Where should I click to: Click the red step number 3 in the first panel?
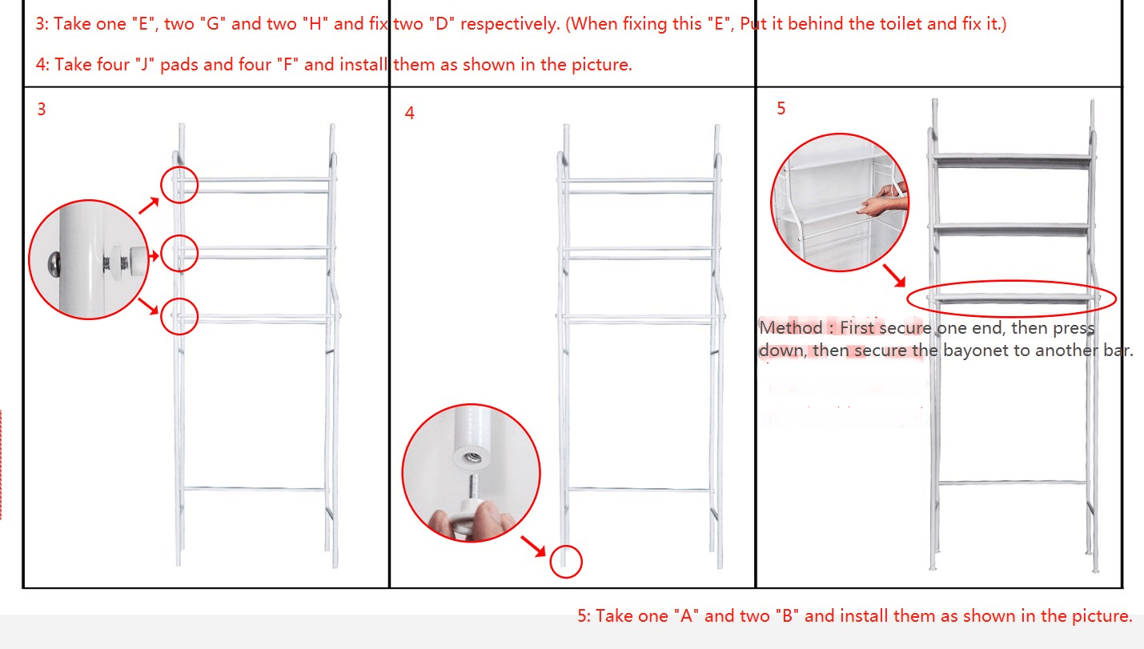pyautogui.click(x=42, y=110)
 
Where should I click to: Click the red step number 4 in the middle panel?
pyautogui.click(x=410, y=113)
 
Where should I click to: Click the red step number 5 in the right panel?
pyautogui.click(x=781, y=108)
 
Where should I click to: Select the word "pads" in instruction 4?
pyautogui.click(x=179, y=65)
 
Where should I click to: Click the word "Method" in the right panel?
pyautogui.click(x=791, y=328)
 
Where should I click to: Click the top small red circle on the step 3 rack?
pyautogui.click(x=179, y=166)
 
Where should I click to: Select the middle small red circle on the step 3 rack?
pyautogui.click(x=179, y=235)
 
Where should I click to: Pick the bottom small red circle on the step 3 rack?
pyautogui.click(x=179, y=298)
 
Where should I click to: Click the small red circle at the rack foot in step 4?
pyautogui.click(x=566, y=547)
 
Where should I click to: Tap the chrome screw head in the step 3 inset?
pyautogui.click(x=54, y=264)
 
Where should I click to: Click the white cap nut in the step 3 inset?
pyautogui.click(x=137, y=262)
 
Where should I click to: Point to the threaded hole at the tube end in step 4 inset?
pyautogui.click(x=472, y=457)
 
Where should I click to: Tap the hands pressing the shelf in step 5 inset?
pyautogui.click(x=881, y=200)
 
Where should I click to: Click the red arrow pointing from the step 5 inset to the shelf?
pyautogui.click(x=894, y=276)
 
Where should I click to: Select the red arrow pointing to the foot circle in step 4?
pyautogui.click(x=533, y=547)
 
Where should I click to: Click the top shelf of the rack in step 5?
pyautogui.click(x=1011, y=160)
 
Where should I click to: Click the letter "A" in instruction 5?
pyautogui.click(x=686, y=616)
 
